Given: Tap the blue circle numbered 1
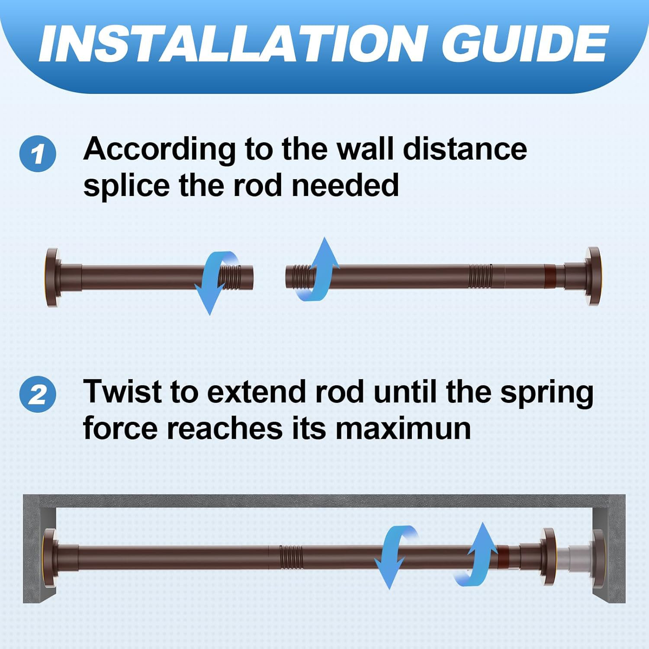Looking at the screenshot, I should coord(38,154).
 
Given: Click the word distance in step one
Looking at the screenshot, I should coord(465,149).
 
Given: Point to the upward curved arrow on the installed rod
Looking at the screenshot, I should coord(478,554).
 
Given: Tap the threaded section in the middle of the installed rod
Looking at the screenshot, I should coord(291,555).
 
